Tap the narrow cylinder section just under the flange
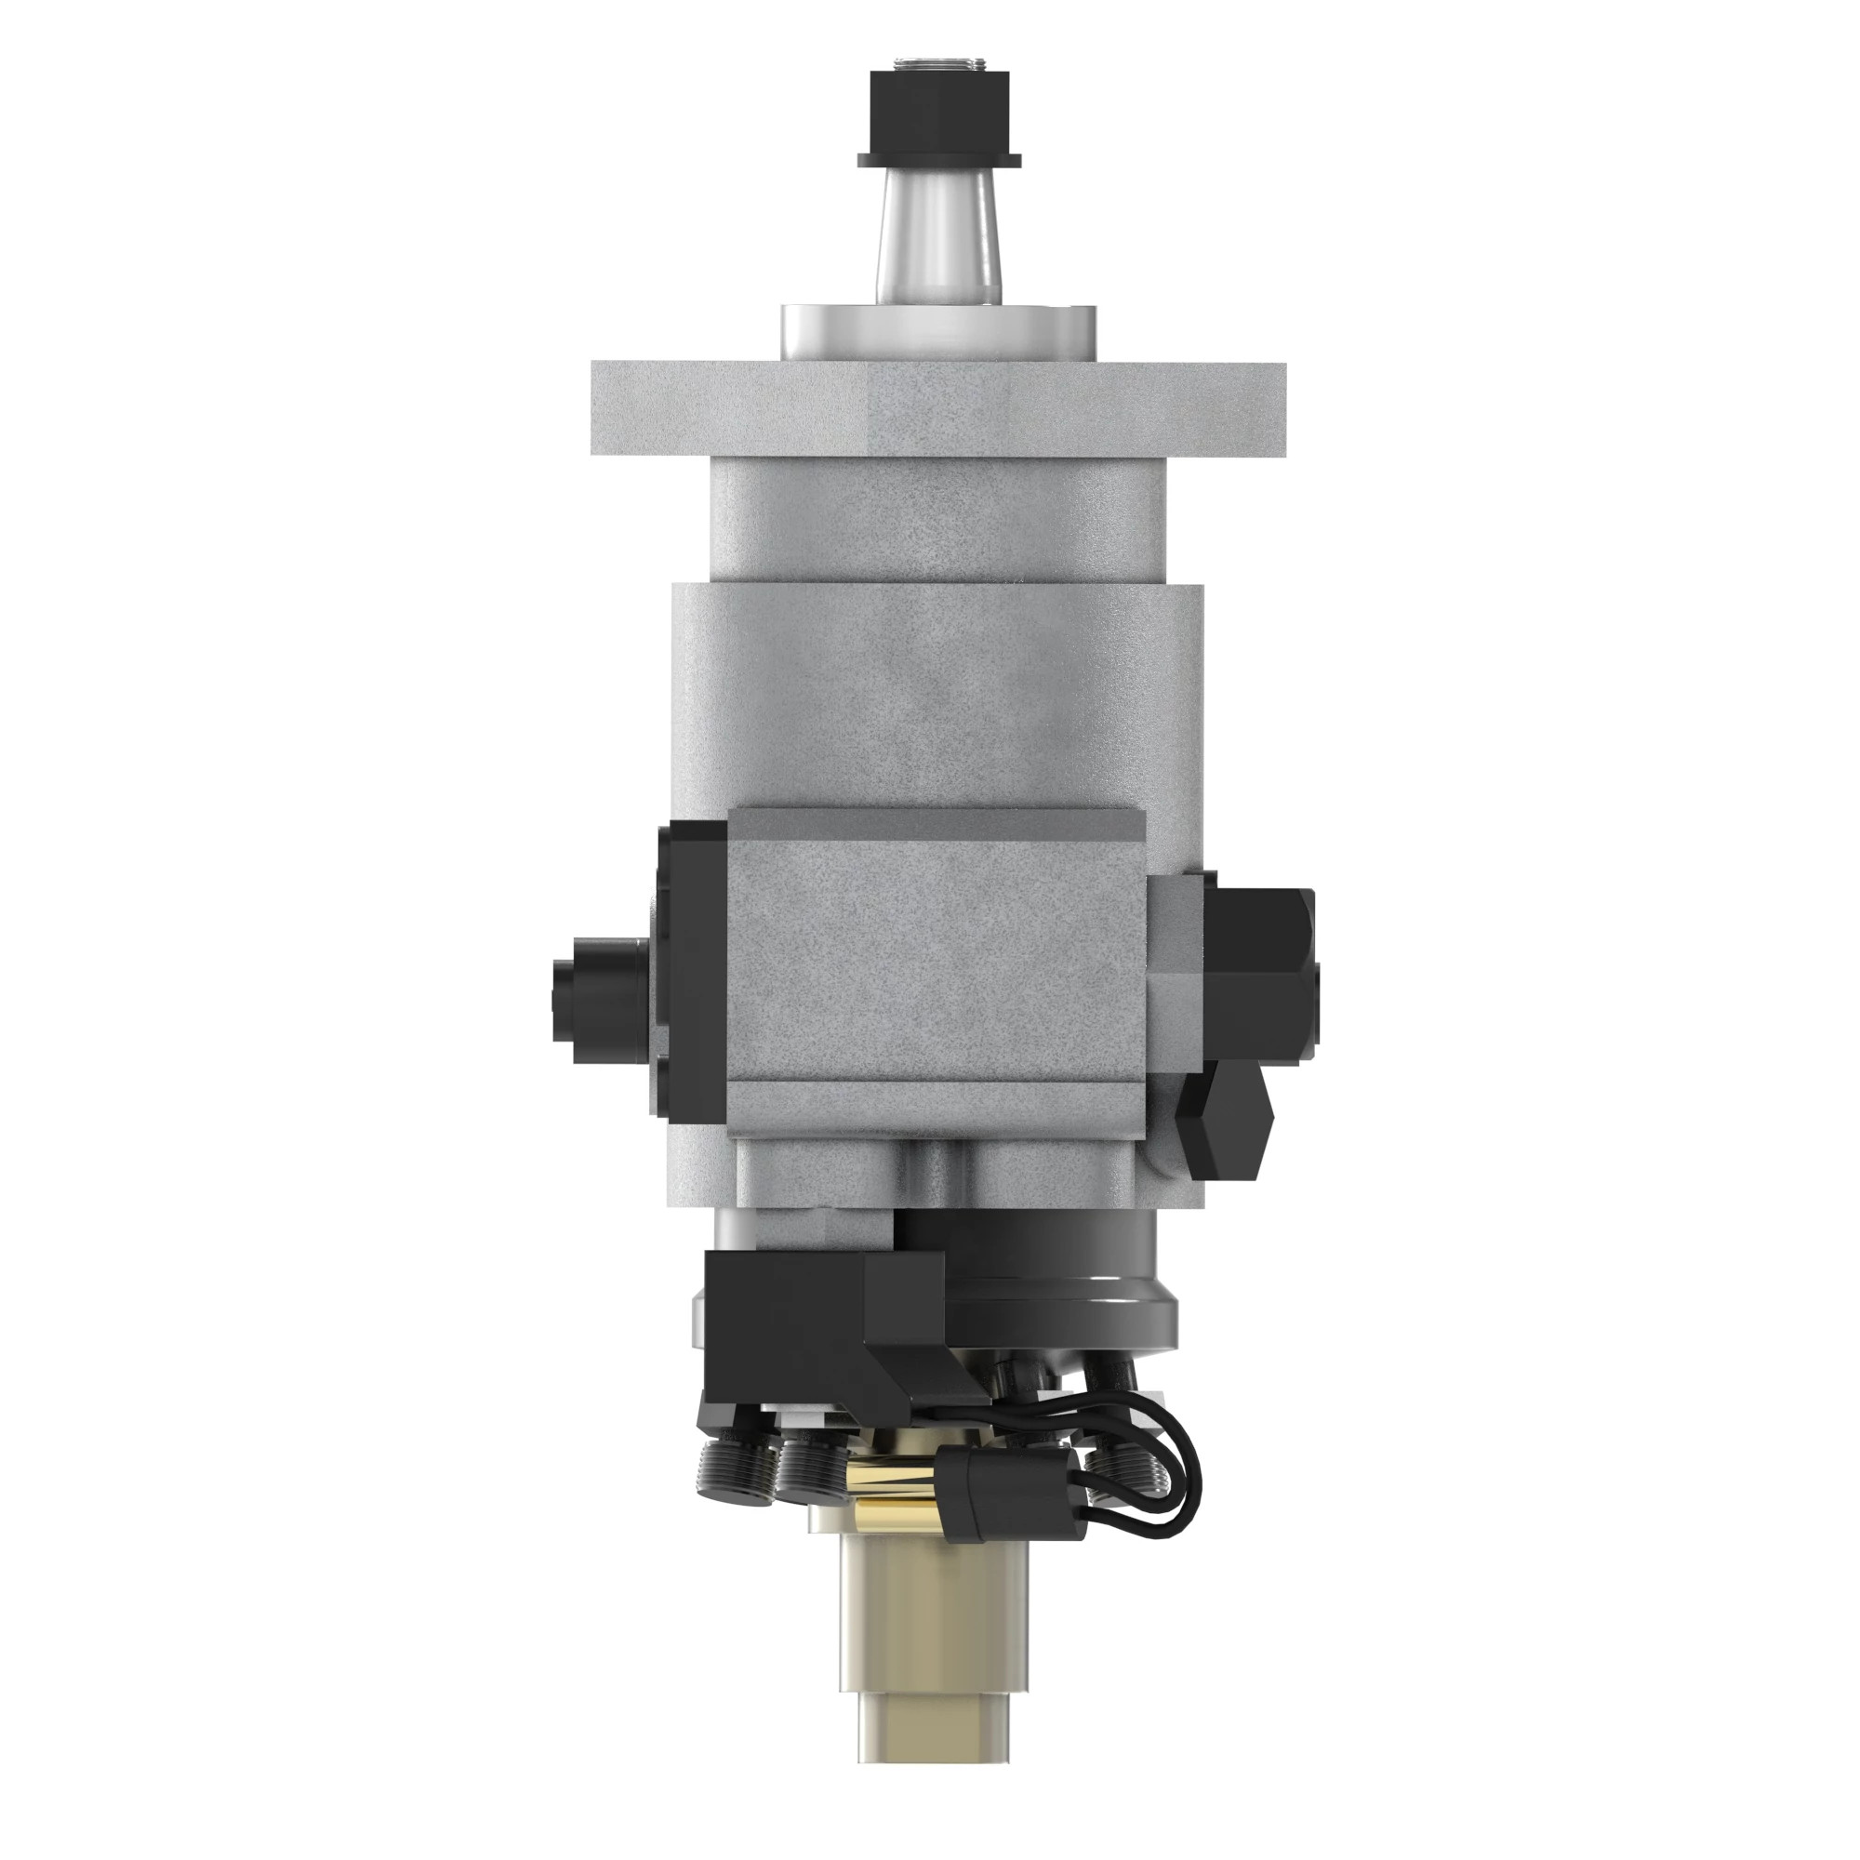(937, 520)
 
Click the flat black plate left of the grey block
(691, 963)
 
